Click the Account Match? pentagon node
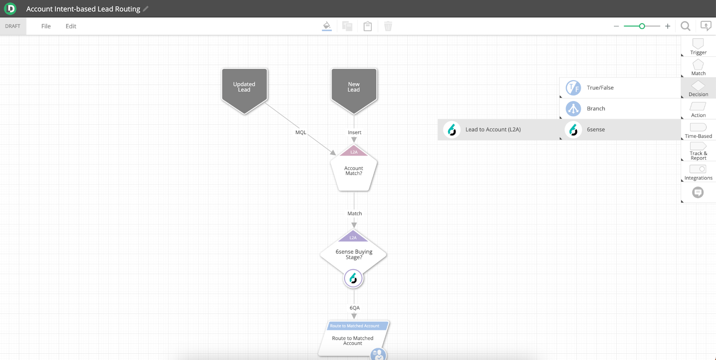(354, 168)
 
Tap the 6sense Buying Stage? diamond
(353, 254)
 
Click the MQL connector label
(300, 132)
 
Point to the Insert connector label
(354, 132)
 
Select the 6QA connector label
(354, 308)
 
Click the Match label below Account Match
(354, 213)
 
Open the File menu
(46, 26)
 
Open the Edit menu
(71, 26)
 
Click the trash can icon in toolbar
(388, 26)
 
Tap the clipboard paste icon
(367, 26)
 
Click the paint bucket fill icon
(327, 26)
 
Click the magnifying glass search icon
(685, 26)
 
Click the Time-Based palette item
(698, 131)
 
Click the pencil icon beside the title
(146, 8)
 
